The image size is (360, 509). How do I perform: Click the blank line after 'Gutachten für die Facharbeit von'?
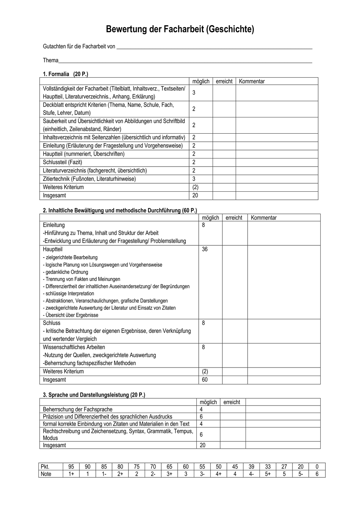coord(214,48)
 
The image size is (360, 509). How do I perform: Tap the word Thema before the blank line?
coord(51,60)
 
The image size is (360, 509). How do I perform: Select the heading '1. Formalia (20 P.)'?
coord(66,74)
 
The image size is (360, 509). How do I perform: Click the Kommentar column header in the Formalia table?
coord(252,81)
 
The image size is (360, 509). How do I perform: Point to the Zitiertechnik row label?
coord(89,179)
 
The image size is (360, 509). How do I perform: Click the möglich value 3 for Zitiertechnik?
coord(194,179)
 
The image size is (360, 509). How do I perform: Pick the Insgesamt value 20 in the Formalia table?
coord(195,195)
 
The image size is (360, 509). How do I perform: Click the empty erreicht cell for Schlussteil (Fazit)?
coord(224,162)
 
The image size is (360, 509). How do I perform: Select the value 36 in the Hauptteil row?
coord(205,249)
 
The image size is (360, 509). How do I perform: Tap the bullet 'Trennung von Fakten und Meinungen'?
coord(82,279)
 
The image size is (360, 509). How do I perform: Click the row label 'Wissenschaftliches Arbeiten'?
coord(74,347)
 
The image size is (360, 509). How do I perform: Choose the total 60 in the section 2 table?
coord(205,380)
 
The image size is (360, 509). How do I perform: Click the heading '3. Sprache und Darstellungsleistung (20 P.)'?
coord(94,395)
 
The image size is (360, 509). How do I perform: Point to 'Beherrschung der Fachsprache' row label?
coord(78,410)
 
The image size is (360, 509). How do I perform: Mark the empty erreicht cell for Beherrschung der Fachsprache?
coord(233,410)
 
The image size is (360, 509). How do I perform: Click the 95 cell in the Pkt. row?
coord(71,467)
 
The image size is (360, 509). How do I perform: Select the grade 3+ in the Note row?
coord(169,474)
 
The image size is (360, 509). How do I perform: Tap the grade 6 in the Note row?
coord(317,474)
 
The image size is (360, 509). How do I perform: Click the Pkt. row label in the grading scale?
coord(45,467)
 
